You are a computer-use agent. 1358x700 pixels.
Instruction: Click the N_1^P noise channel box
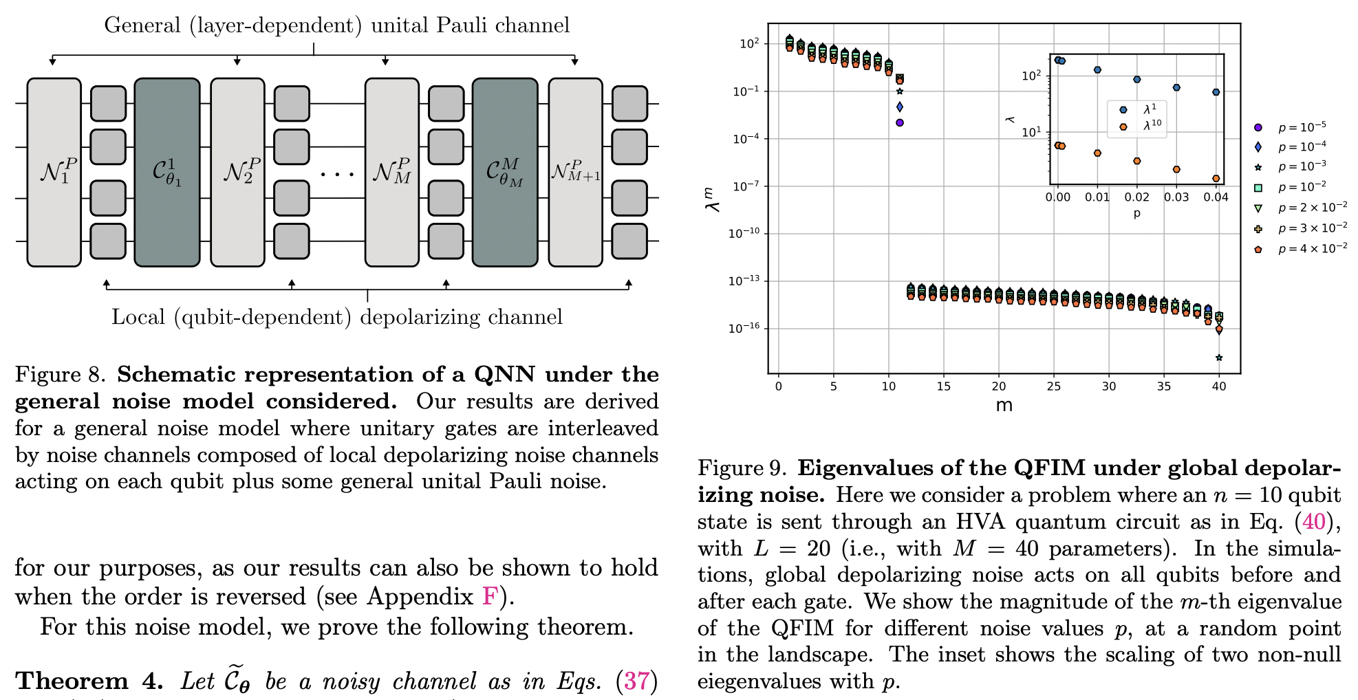pyautogui.click(x=54, y=172)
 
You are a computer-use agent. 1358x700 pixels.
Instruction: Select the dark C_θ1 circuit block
pyautogui.click(x=166, y=172)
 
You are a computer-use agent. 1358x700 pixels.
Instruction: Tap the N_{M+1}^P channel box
pyautogui.click(x=575, y=172)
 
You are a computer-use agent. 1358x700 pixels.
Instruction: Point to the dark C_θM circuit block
pyautogui.click(x=504, y=172)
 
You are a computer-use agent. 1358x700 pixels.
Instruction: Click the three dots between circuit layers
pyautogui.click(x=337, y=174)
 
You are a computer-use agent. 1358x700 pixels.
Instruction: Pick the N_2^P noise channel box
pyautogui.click(x=237, y=172)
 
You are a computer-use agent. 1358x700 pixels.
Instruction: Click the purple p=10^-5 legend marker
pyautogui.click(x=1258, y=127)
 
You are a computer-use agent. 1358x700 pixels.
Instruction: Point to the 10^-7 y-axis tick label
pyautogui.click(x=746, y=186)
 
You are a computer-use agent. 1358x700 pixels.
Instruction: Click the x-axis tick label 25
pyautogui.click(x=1053, y=386)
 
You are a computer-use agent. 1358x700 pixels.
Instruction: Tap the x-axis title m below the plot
pyautogui.click(x=1004, y=405)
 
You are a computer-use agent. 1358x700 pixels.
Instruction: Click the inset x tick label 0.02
pyautogui.click(x=1136, y=197)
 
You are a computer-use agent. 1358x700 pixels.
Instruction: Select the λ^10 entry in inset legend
pyautogui.click(x=1152, y=125)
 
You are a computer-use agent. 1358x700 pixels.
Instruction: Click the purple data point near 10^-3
pyautogui.click(x=899, y=122)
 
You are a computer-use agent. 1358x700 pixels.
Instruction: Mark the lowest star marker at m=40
pyautogui.click(x=1218, y=358)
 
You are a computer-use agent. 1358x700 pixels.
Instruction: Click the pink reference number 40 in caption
pyautogui.click(x=1313, y=522)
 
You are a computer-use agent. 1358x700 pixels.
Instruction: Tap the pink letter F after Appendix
pyautogui.click(x=489, y=596)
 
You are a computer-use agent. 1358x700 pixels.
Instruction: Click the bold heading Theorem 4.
pyautogui.click(x=89, y=681)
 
